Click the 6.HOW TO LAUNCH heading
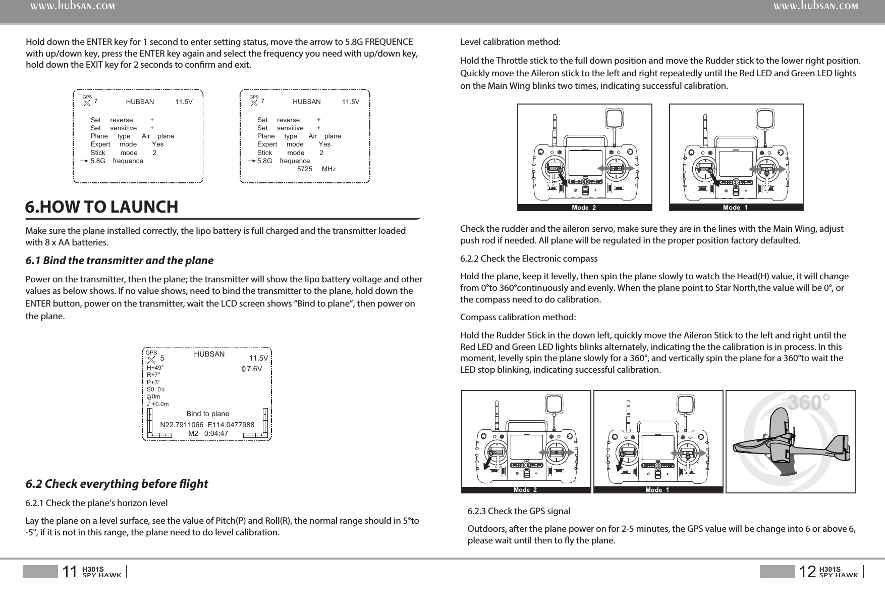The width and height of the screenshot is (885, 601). [102, 207]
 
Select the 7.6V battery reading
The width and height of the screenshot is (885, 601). [252, 368]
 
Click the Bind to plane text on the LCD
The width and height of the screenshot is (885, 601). [207, 414]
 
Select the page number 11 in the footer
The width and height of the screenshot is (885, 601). [70, 572]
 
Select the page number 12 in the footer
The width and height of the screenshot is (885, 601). [807, 572]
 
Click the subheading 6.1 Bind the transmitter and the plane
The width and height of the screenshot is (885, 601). [120, 261]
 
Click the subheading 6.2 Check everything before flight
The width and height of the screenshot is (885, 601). [117, 484]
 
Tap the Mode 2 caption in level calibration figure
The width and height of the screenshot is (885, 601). [584, 207]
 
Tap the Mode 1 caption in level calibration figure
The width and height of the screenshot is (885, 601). [735, 207]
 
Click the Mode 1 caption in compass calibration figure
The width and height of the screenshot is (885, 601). [657, 489]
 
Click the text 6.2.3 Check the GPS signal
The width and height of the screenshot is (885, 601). [519, 511]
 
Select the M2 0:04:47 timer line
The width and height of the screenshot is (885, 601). [208, 433]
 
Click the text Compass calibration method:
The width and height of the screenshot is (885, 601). [518, 317]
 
